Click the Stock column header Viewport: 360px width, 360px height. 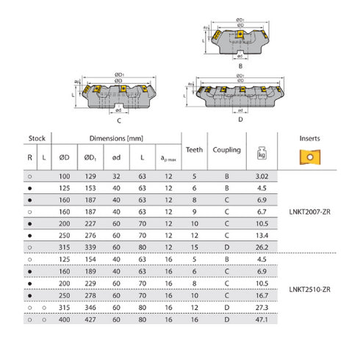click(x=37, y=138)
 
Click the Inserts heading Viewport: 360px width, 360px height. click(x=309, y=138)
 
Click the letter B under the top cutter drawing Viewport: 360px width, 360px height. click(x=241, y=65)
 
